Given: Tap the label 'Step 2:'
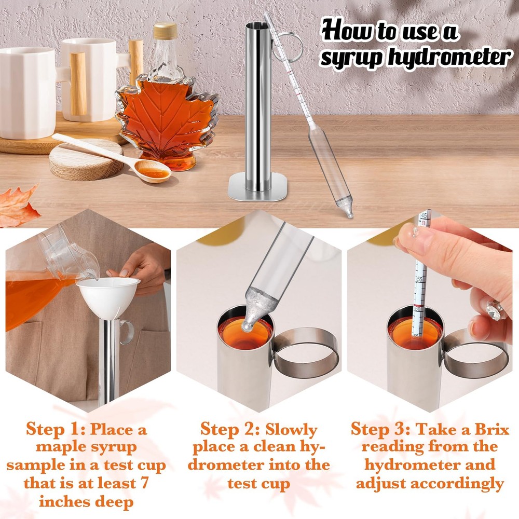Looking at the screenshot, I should click(x=230, y=430).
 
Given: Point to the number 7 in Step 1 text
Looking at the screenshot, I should click(x=144, y=484).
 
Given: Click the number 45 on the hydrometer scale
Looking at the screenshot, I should click(x=424, y=214).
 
